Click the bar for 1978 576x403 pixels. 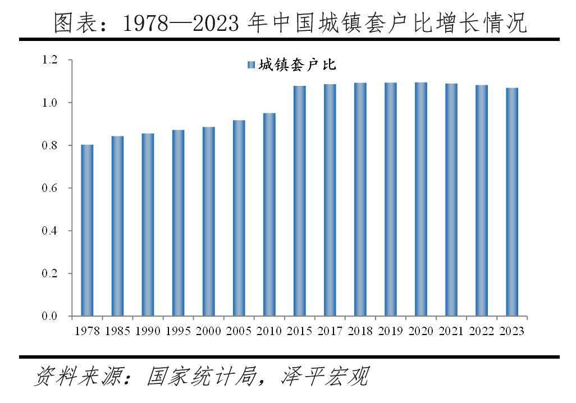(87, 230)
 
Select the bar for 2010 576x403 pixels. (269, 214)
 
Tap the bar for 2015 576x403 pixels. (300, 201)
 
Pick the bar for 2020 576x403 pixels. (421, 199)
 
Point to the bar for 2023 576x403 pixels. (512, 202)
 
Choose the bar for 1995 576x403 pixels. (178, 223)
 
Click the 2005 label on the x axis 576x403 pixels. (239, 331)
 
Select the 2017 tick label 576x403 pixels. (330, 331)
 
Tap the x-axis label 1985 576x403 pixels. (117, 331)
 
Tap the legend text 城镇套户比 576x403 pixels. (298, 65)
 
